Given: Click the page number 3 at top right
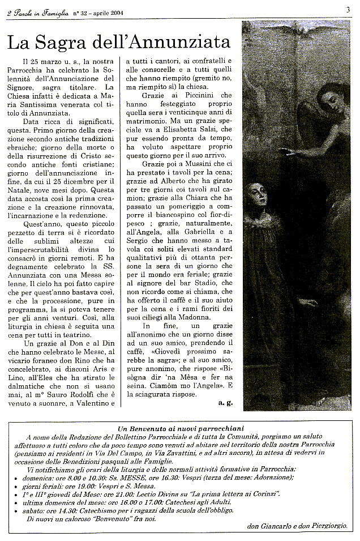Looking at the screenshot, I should coord(348,8).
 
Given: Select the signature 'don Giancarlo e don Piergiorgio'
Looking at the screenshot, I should coord(297,526).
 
